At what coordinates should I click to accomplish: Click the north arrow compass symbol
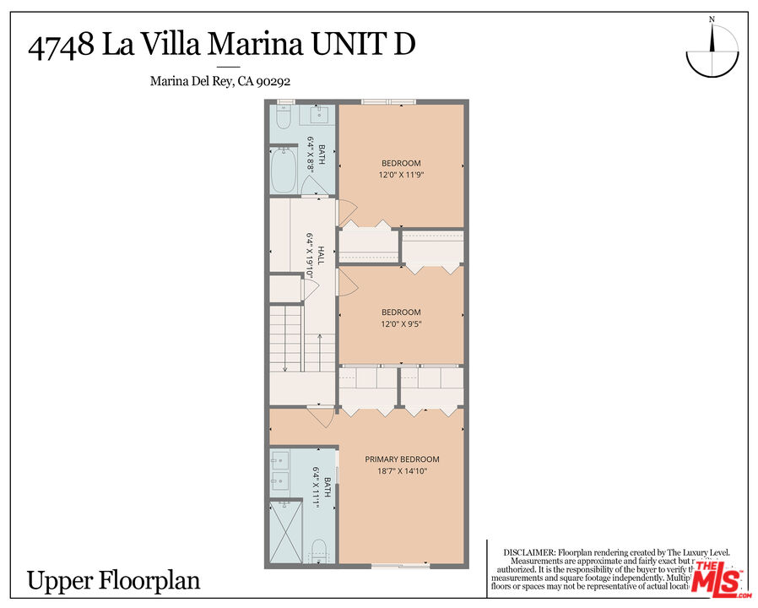716,52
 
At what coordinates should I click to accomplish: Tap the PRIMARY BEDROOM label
402,459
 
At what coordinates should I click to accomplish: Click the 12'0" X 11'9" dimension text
401,175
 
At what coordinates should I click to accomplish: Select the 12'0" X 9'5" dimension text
401,323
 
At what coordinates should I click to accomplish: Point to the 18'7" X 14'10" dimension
402,471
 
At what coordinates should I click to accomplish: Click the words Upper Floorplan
114,581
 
